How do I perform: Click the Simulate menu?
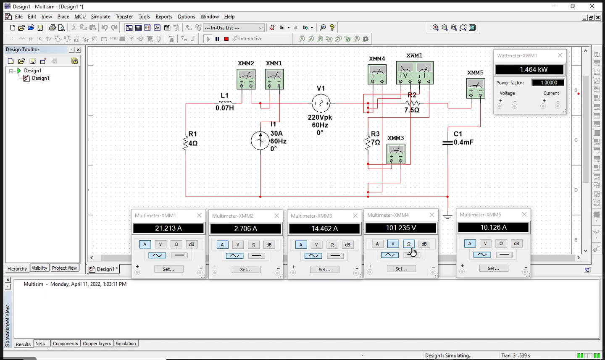point(100,17)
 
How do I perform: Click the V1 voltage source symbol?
point(321,103)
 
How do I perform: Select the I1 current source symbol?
point(260,141)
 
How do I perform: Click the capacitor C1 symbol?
point(447,143)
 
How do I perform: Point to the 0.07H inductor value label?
point(225,108)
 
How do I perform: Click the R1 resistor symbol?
point(185,142)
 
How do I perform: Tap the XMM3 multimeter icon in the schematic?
point(396,154)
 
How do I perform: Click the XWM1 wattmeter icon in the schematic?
point(415,73)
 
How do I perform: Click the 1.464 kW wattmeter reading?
point(529,70)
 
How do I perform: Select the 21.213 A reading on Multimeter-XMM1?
point(168,229)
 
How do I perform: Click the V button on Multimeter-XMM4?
point(393,244)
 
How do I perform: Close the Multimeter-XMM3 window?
point(355,216)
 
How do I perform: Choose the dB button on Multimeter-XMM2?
point(269,245)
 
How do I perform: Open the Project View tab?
point(64,268)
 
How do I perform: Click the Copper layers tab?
point(97,344)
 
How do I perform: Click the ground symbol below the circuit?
point(447,217)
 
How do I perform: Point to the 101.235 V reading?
point(401,228)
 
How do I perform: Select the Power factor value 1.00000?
point(548,83)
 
